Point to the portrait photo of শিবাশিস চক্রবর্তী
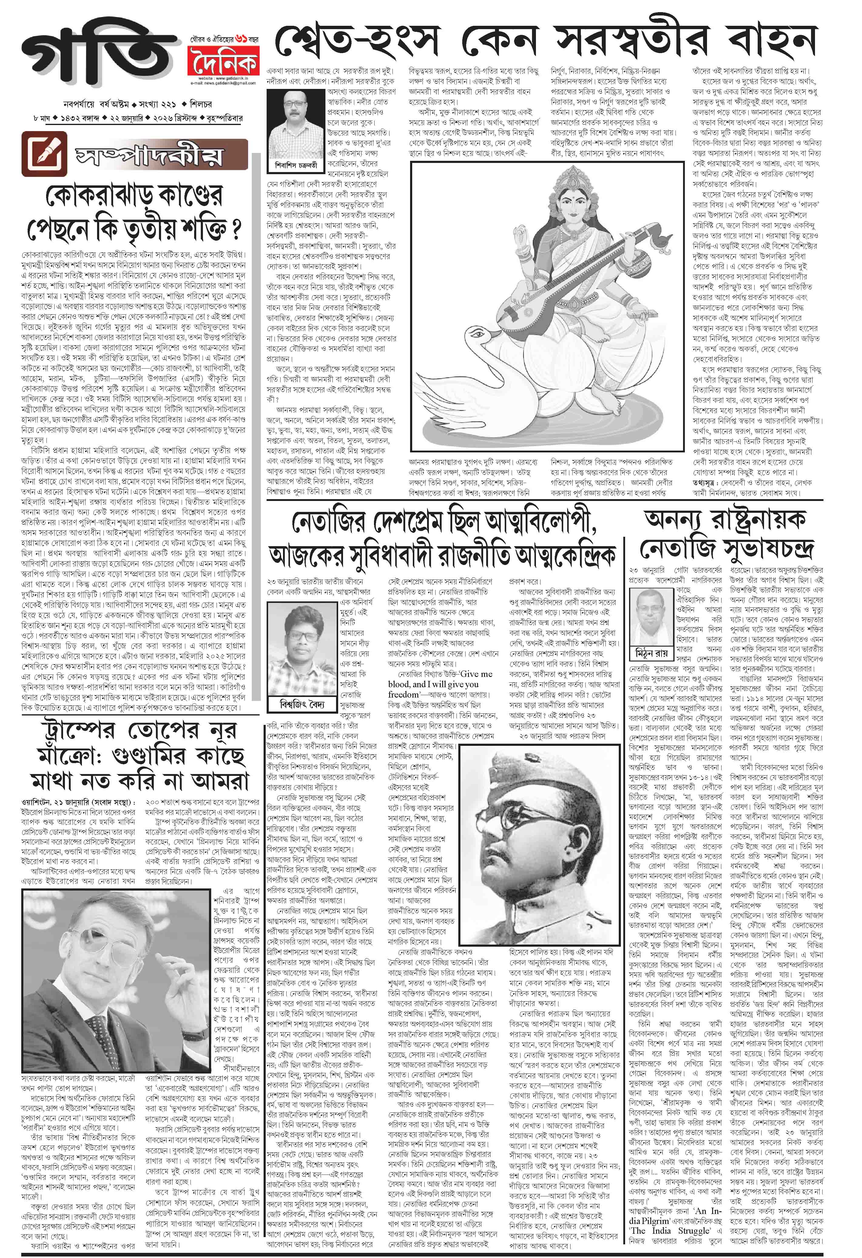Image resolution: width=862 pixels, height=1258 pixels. pos(292,124)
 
